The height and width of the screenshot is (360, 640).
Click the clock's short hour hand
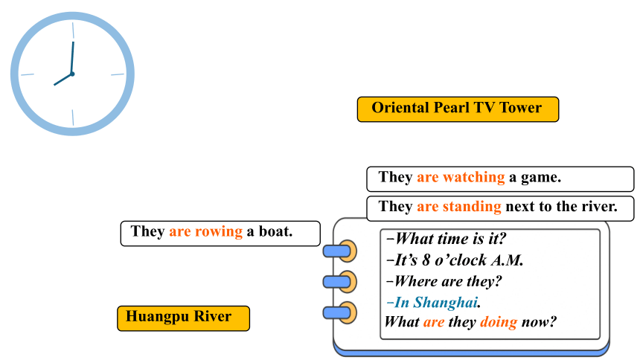(63, 80)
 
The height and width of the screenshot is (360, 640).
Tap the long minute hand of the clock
(72, 58)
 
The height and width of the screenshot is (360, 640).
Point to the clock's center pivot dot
(72, 74)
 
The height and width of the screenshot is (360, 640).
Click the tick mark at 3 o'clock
(118, 74)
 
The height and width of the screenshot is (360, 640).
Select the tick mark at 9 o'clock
(28, 74)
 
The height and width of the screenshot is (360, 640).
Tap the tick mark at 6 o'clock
(73, 118)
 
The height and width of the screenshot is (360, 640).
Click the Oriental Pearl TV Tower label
(458, 109)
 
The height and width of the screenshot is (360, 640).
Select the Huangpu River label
(183, 318)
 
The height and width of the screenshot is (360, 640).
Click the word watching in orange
(474, 177)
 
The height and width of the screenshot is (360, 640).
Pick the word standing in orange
(472, 207)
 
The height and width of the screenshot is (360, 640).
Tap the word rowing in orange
(219, 231)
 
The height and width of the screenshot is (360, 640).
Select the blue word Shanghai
(445, 303)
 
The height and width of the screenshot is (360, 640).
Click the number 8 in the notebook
(426, 260)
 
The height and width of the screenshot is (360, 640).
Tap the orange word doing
(499, 322)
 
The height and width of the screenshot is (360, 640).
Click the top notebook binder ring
(340, 251)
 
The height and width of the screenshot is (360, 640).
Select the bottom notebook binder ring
(340, 313)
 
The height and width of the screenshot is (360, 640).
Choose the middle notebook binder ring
(340, 282)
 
